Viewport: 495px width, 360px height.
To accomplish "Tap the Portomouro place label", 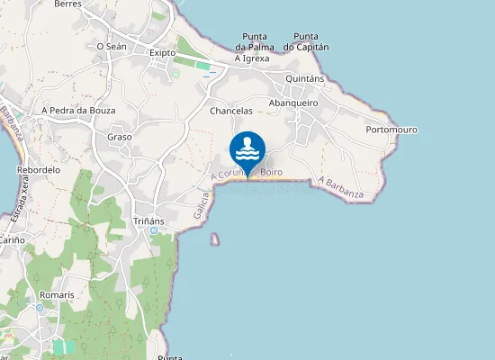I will tap(391, 130).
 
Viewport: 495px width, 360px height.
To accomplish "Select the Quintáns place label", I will tap(304, 78).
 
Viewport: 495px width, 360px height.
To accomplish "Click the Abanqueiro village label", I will tap(294, 103).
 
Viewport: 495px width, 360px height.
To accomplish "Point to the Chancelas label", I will tap(230, 111).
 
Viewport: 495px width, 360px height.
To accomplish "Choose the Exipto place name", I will tap(162, 52).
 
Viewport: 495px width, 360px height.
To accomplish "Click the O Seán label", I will tap(110, 46).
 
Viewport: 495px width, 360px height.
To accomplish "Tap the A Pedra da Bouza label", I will tap(79, 110).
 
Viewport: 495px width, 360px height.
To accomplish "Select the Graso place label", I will tap(120, 137).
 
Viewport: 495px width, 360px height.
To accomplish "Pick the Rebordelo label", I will tap(39, 169).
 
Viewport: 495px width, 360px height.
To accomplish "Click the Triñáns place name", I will tap(148, 220).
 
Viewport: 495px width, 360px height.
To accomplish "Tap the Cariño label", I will tap(12, 241).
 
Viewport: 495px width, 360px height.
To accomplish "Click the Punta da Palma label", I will tap(254, 41).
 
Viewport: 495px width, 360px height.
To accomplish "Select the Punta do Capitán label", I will tap(306, 41).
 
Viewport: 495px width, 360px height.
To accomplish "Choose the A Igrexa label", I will tap(252, 58).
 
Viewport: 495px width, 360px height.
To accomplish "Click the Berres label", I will tap(67, 4).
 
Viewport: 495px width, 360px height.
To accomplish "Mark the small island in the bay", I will tap(215, 239).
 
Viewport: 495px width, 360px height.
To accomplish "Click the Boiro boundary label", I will tap(272, 171).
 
